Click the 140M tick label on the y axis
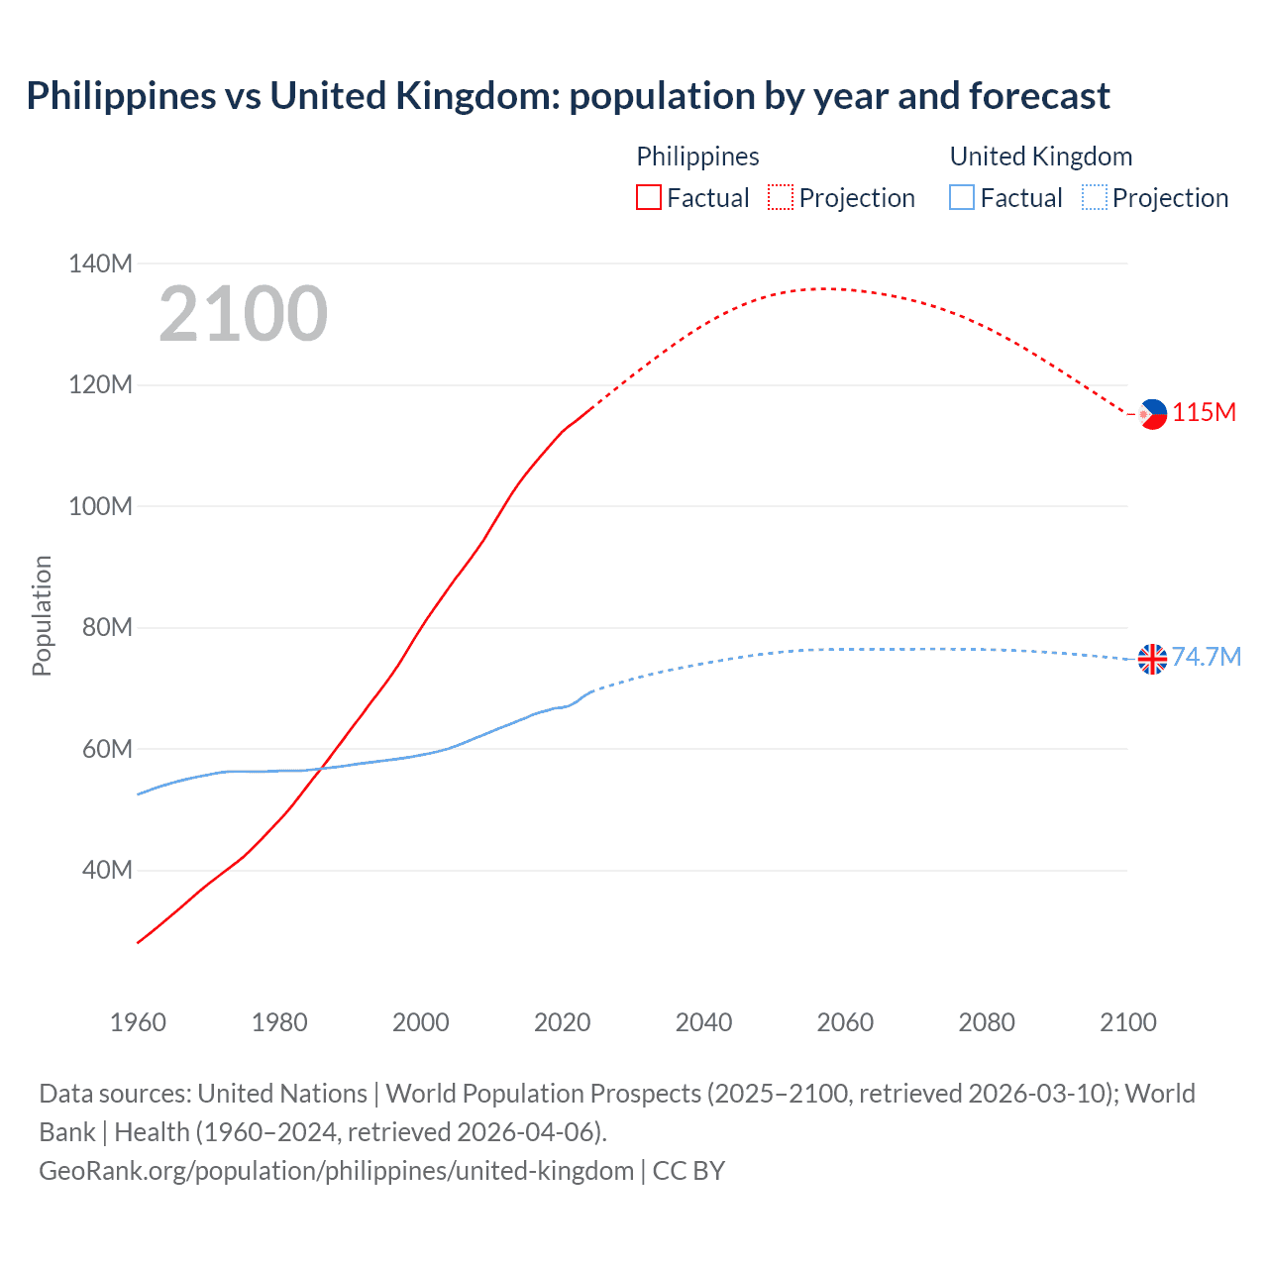pos(100,264)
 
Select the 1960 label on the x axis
pos(138,1022)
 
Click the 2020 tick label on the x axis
pos(562,1022)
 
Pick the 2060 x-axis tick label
pos(845,1022)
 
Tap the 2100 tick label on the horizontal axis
pos(1127,1022)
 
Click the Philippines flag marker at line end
pos(1153,414)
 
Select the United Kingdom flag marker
pos(1152,659)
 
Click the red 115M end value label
pos(1205,413)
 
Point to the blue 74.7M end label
pos(1207,658)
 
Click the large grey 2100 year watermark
pos(243,314)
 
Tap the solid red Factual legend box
pos(648,198)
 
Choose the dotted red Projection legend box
pos(781,198)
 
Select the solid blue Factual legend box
pos(962,198)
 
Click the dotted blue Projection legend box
pos(1095,198)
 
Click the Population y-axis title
pos(42,615)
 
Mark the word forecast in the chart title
pos(1039,96)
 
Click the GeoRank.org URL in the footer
pos(336,1171)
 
